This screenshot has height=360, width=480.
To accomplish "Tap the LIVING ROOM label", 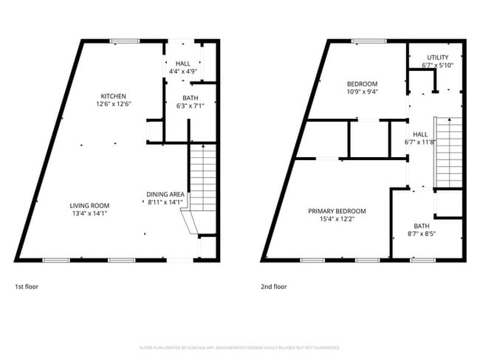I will (x=89, y=205).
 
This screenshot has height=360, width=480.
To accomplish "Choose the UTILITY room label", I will (x=437, y=57).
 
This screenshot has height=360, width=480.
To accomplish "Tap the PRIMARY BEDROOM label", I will (x=336, y=211).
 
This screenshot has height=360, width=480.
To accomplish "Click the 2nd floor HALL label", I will (x=419, y=134).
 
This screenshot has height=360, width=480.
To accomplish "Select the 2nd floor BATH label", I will (x=422, y=226).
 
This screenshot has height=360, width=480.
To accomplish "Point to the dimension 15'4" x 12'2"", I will (x=336, y=219).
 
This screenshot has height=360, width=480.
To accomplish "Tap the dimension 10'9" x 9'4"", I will (x=362, y=91).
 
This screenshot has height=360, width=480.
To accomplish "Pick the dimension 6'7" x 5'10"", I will (x=437, y=65).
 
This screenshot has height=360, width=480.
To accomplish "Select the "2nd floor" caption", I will (x=273, y=286).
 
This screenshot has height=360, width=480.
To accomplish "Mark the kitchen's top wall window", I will (x=123, y=41).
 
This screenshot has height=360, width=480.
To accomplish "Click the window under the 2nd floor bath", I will (x=422, y=260).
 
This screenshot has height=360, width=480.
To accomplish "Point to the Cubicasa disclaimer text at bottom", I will (x=240, y=347).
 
